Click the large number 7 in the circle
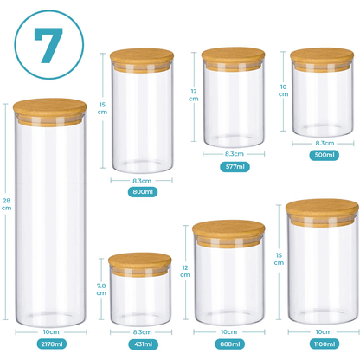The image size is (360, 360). pos(48,45)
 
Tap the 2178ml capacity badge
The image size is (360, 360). pos(52,344)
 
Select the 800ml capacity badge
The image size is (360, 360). pos(143,192)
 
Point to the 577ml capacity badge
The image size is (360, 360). pos(235,167)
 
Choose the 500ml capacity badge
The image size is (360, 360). pos(325,155)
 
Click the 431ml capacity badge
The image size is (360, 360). pos(144,344)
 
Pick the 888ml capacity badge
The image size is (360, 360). pos(230,344)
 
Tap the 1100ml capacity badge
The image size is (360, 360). pos(325,344)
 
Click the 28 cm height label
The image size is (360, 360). pos(6,204)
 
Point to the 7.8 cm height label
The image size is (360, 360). pos(101,289)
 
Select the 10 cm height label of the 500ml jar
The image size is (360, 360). pos(283,91)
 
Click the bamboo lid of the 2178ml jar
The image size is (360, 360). pos(49,112)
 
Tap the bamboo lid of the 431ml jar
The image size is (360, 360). pos(140,264)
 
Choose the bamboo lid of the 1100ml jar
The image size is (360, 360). pos(322,212)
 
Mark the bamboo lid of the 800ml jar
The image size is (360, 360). pos(142,60)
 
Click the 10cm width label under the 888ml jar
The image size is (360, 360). pos(229,332)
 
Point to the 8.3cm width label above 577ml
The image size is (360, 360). pos(235,154)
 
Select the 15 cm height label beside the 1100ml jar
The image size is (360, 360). pos(279,259)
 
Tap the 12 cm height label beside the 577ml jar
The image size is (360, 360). pos(194,95)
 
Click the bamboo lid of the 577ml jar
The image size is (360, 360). pos(233,59)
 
